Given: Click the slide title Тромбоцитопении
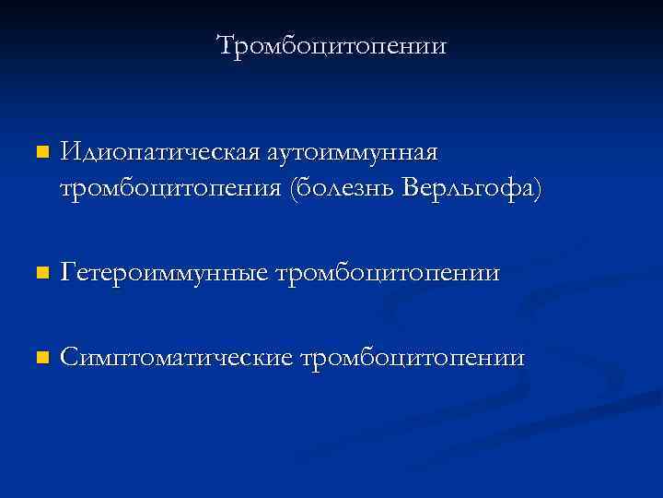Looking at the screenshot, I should [331, 45].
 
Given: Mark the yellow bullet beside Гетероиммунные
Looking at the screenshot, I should [39, 274].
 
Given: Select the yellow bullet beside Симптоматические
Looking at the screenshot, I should [39, 358].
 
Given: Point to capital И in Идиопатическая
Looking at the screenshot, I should [70, 151].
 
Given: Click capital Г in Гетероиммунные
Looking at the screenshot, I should [68, 273].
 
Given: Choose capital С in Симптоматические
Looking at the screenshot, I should [69, 357].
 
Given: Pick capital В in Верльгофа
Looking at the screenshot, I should [413, 188].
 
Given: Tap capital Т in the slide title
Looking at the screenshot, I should [226, 45].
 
